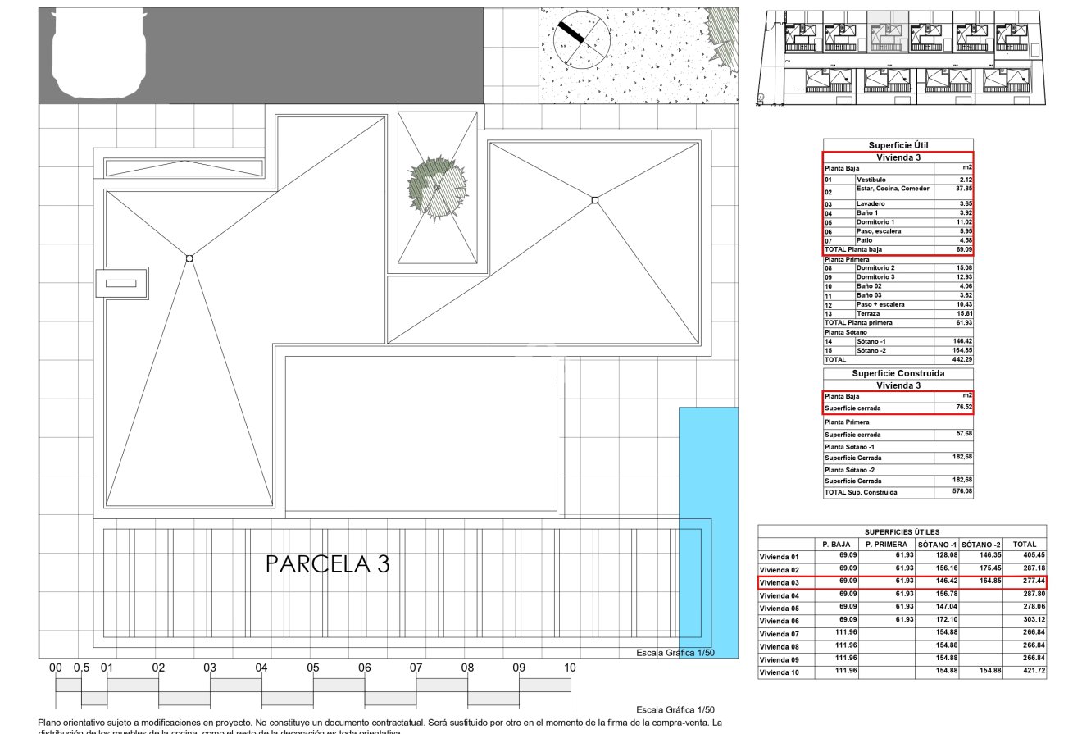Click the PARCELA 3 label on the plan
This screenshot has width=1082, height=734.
pos(328,564)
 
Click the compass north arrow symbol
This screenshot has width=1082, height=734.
pos(581,38)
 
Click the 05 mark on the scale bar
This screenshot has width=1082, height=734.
pos(313,668)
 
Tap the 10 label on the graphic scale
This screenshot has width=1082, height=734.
pos(570,668)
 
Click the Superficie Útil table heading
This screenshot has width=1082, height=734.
pos(898,145)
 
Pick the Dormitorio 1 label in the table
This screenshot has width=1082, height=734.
pos(875,222)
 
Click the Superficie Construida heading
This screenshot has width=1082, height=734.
pos(898,373)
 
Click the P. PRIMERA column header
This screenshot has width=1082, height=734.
pos(886,544)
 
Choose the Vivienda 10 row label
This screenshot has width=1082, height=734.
pos(779,672)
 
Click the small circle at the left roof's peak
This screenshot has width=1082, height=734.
pos(189,258)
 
